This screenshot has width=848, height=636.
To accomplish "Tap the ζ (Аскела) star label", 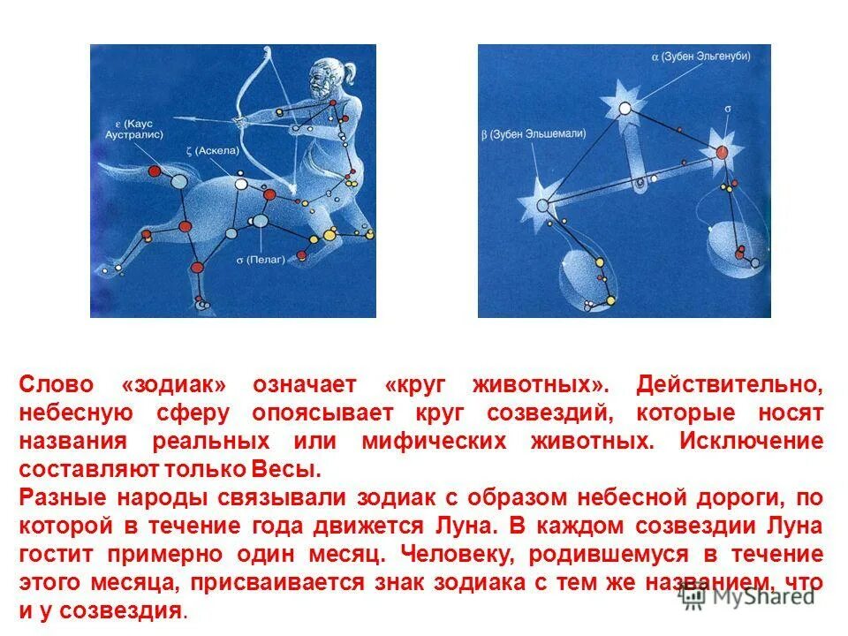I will click(x=213, y=150).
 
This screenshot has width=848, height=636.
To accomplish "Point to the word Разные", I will click(x=57, y=496).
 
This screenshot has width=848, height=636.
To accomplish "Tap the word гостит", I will click(x=57, y=555).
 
